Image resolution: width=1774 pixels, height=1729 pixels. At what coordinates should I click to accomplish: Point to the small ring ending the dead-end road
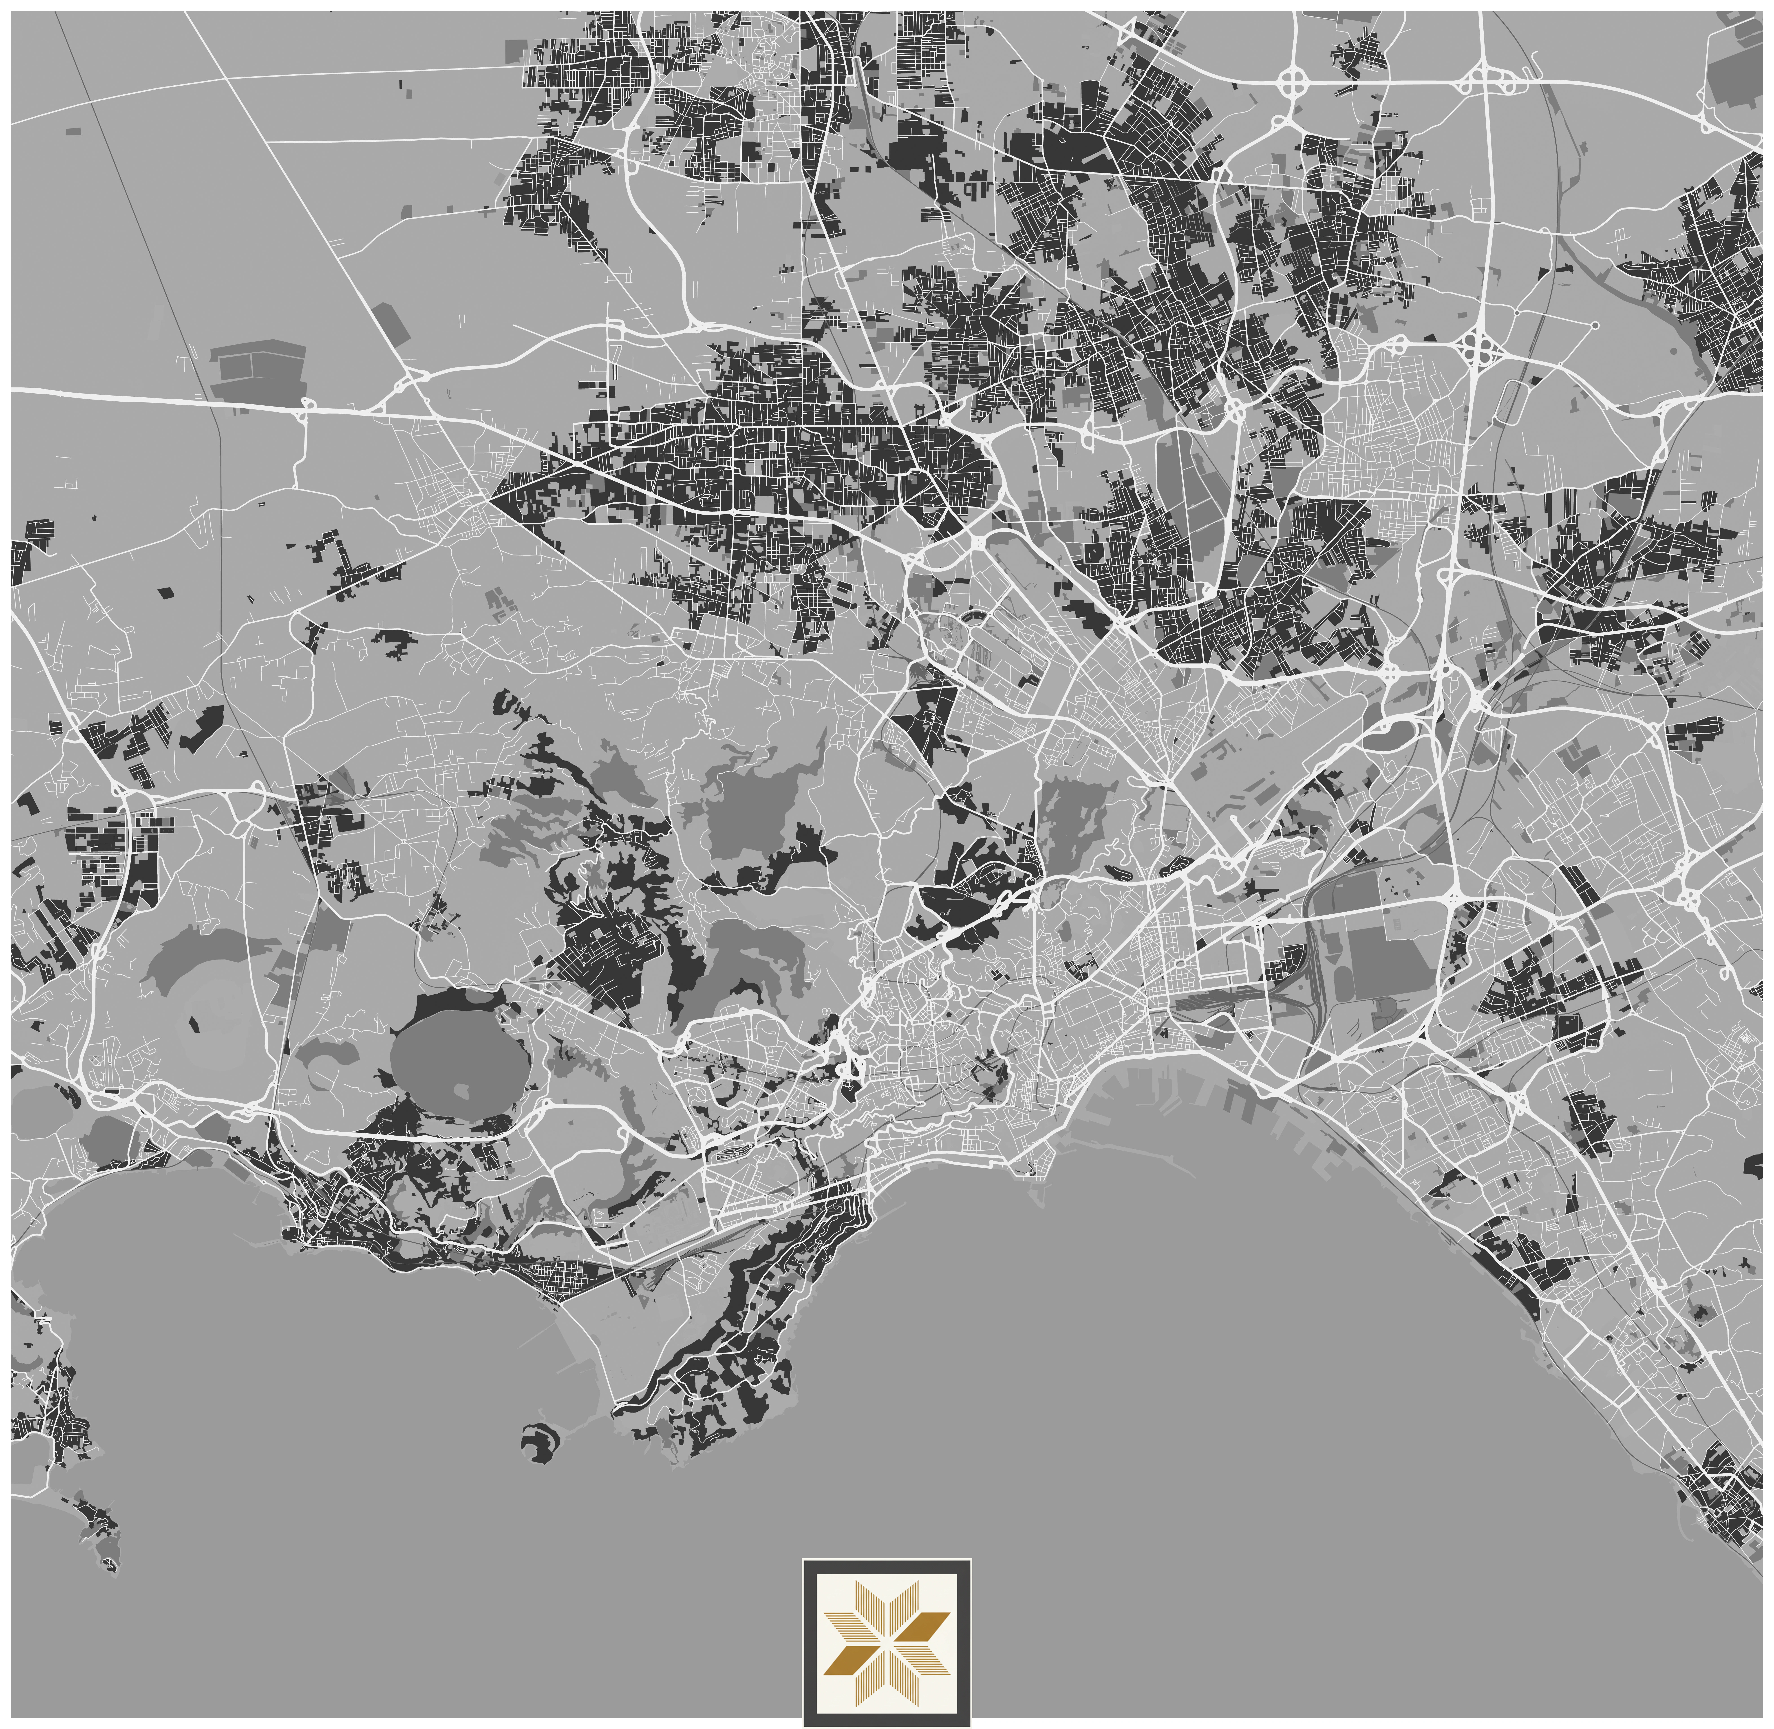(x=1595, y=324)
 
